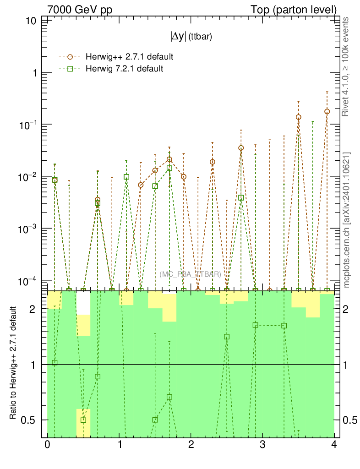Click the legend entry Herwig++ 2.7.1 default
pos(129,57)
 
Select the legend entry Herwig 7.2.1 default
pos(124,69)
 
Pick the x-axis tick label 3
pos(262,445)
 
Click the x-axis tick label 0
pos(47,445)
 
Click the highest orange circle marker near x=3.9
pos(327,111)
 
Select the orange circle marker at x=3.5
pos(299,117)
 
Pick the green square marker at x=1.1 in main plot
pos(126,177)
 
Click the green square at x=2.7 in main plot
pos(241,198)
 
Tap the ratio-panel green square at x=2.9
pos(256,325)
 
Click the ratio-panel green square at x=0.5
pos(83,420)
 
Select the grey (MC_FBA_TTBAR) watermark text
pos(191,274)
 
